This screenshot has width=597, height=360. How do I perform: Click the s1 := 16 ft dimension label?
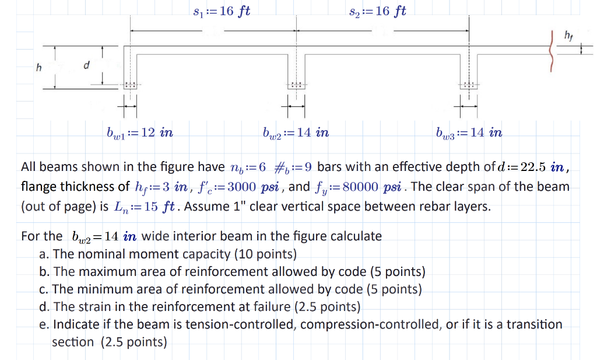coord(221,11)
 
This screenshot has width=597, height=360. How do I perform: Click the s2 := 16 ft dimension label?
coord(377,11)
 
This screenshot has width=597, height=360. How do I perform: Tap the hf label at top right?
coord(568,37)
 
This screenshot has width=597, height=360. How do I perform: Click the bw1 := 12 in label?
coord(139,133)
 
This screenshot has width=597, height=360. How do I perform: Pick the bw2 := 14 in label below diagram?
coord(296,133)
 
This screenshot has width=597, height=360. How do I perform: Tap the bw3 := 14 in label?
coord(469,133)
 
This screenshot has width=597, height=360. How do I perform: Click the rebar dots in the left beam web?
coord(130,85)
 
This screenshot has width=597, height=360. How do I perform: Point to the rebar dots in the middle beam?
coord(296,85)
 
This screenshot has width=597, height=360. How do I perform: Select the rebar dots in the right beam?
coord(468,85)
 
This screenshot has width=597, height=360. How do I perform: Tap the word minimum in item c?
coord(94,289)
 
